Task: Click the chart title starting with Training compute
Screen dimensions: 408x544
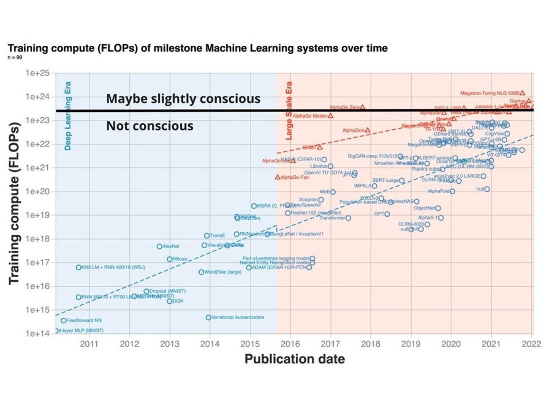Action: [197, 49]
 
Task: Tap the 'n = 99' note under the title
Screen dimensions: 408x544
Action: [15, 58]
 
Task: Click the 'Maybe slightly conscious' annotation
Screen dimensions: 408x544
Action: [183, 99]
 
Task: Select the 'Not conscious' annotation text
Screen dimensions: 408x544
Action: [150, 126]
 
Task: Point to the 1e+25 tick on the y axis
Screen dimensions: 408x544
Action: [37, 73]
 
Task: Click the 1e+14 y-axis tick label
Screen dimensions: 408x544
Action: [37, 333]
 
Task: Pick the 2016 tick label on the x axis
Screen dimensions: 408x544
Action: [290, 344]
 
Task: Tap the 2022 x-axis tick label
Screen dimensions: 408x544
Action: [531, 344]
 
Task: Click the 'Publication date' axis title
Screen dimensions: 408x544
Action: [294, 359]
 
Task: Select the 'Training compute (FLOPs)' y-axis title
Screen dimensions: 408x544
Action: [14, 203]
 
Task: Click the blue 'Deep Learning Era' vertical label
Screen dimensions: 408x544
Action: [68, 116]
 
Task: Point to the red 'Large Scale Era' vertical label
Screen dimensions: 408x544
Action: [289, 111]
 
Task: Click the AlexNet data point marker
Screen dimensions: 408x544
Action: [159, 247]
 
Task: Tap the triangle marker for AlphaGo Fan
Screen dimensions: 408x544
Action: [278, 177]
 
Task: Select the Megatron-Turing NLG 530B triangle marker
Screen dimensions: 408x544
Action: [523, 93]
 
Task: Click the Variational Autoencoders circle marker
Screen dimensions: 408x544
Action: [208, 317]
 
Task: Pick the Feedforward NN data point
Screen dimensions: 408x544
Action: [64, 321]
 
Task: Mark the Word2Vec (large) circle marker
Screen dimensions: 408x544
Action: [201, 272]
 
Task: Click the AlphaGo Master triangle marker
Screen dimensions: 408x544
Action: [330, 116]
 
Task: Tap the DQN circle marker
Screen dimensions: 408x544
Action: [170, 301]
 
